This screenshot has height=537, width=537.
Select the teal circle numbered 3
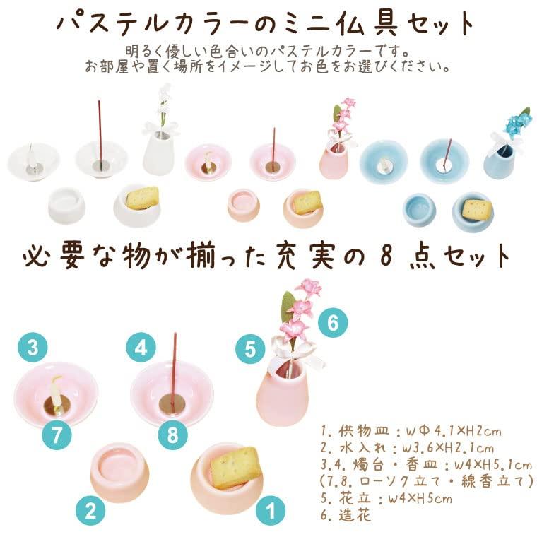(33, 348)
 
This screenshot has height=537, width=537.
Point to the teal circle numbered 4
(141, 348)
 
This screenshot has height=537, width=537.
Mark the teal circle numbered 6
(333, 323)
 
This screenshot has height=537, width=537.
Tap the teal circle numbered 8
(172, 435)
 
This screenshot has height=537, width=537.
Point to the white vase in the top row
(158, 153)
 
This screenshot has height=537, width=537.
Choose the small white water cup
(67, 204)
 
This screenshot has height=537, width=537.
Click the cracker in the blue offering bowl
(477, 209)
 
